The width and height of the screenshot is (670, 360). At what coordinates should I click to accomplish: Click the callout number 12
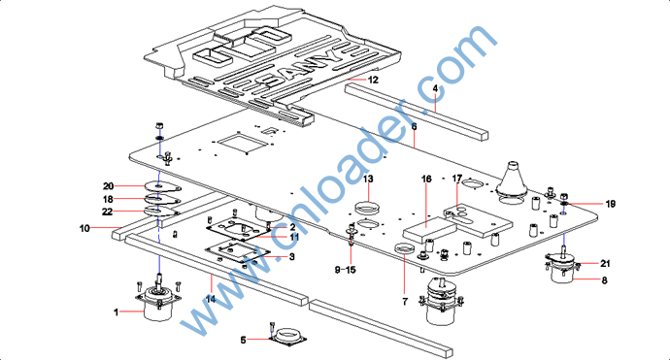pyautogui.click(x=373, y=80)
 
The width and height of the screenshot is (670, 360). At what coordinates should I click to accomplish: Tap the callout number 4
pyautogui.click(x=435, y=89)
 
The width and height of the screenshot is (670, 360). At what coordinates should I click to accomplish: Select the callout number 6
pyautogui.click(x=414, y=126)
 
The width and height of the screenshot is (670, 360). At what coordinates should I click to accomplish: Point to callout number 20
pyautogui.click(x=108, y=185)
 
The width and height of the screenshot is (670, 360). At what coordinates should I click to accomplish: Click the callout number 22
pyautogui.click(x=107, y=212)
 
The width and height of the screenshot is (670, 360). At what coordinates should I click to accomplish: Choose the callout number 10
pyautogui.click(x=84, y=228)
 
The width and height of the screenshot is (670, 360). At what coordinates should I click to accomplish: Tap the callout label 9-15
pyautogui.click(x=346, y=270)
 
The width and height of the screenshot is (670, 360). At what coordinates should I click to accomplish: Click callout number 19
pyautogui.click(x=611, y=204)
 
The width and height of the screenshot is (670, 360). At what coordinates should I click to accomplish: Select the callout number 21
pyautogui.click(x=605, y=264)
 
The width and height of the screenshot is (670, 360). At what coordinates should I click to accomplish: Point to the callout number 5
pyautogui.click(x=243, y=340)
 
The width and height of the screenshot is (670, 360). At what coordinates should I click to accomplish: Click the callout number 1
pyautogui.click(x=116, y=312)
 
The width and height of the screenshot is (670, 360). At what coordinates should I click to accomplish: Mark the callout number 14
pyautogui.click(x=211, y=299)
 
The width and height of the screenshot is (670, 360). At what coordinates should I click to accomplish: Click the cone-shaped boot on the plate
pyautogui.click(x=512, y=180)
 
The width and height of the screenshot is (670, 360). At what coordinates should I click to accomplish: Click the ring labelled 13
pyautogui.click(x=367, y=209)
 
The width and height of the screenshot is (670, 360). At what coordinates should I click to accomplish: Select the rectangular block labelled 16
pyautogui.click(x=430, y=231)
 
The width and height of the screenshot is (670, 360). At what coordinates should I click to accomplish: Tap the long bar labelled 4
pyautogui.click(x=417, y=111)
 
